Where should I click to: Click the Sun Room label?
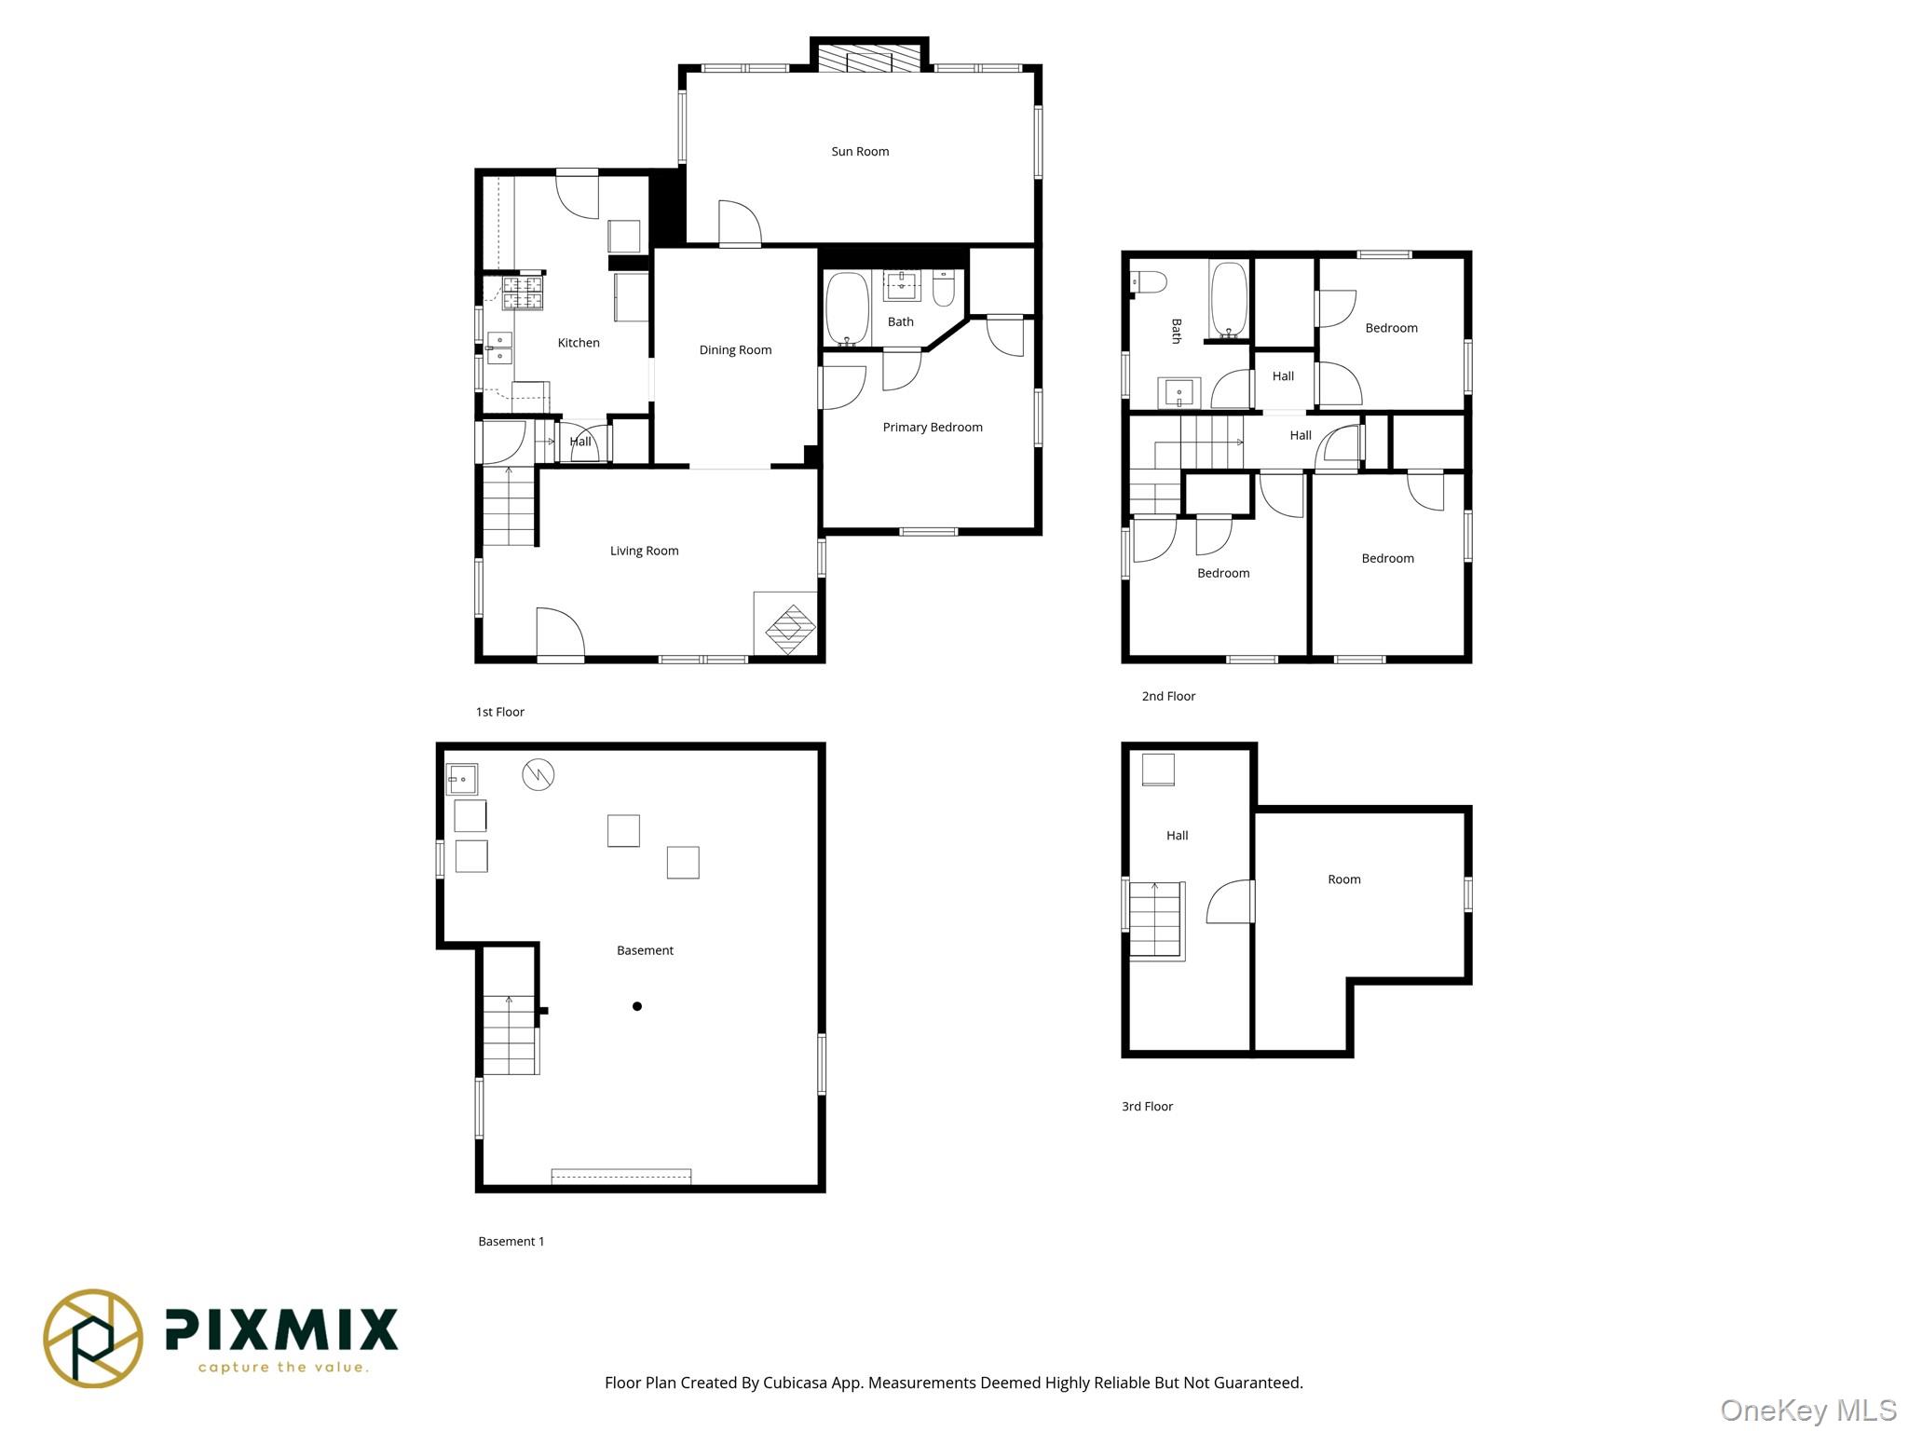pyautogui.click(x=859, y=151)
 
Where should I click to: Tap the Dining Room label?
pyautogui.click(x=735, y=350)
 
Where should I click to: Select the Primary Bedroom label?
pyautogui.click(x=932, y=428)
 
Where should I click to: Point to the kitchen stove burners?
pyautogui.click(x=523, y=293)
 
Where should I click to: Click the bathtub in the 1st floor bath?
pyautogui.click(x=847, y=308)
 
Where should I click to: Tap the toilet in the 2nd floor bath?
pyautogui.click(x=1149, y=281)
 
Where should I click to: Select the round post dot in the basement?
pyautogui.click(x=637, y=1006)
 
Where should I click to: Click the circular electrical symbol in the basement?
pyautogui.click(x=538, y=774)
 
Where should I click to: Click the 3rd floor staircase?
pyautogui.click(x=1156, y=921)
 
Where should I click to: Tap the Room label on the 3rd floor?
pyautogui.click(x=1343, y=879)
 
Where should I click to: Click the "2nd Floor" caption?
pyautogui.click(x=1168, y=696)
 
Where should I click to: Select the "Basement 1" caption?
pyautogui.click(x=511, y=1241)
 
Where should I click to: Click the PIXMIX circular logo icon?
pyautogui.click(x=93, y=1338)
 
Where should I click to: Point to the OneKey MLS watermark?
pyautogui.click(x=1807, y=1411)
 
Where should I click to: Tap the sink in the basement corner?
pyautogui.click(x=462, y=779)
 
